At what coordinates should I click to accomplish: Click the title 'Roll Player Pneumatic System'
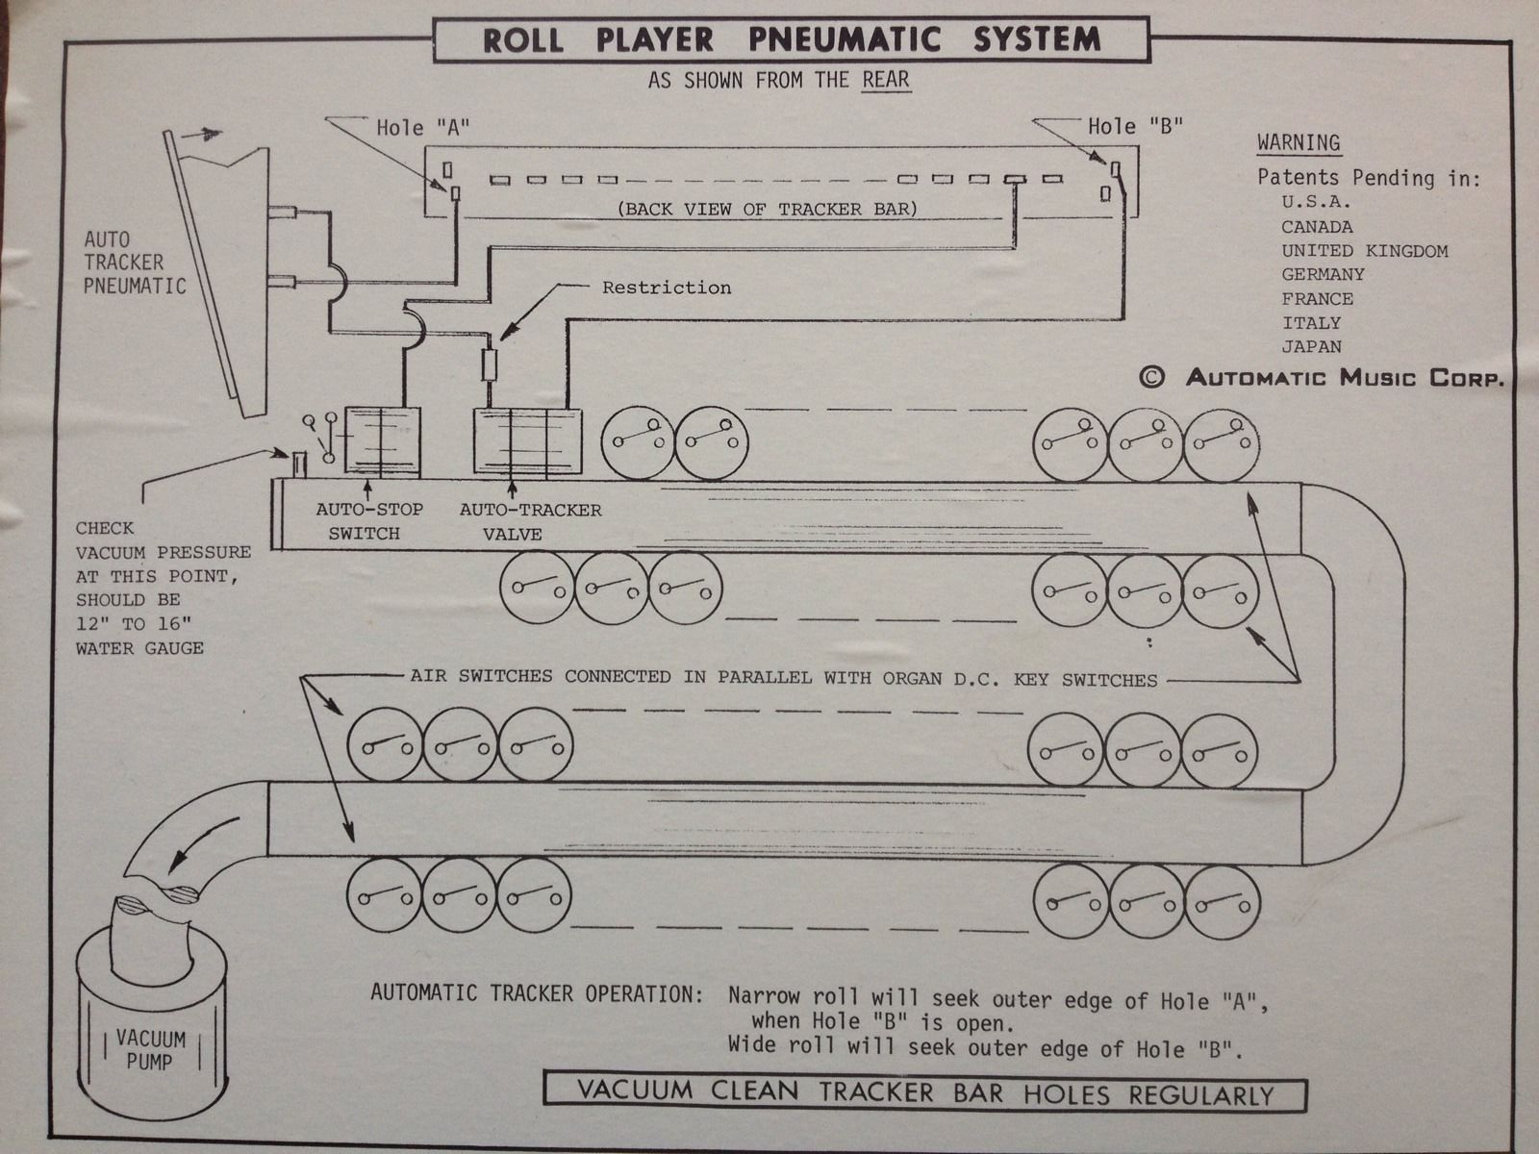click(791, 39)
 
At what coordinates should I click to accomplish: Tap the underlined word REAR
click(885, 80)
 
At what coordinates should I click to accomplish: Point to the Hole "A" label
click(423, 128)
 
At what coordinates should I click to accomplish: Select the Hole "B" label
click(1135, 126)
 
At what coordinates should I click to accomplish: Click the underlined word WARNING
click(1299, 143)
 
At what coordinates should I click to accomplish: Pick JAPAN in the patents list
click(1311, 346)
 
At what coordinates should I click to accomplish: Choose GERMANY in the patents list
click(1323, 274)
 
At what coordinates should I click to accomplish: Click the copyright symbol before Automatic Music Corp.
click(1151, 377)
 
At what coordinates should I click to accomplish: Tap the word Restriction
click(667, 288)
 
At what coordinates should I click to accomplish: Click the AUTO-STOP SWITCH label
click(368, 521)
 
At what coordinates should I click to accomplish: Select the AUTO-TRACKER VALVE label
click(530, 521)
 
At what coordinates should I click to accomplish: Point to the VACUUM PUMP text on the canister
click(150, 1049)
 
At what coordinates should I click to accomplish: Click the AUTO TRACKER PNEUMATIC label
click(134, 262)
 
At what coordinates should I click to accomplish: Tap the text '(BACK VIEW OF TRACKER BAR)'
click(767, 209)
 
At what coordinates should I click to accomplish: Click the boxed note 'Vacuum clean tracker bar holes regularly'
click(924, 1093)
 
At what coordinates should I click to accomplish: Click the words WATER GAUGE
click(139, 648)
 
